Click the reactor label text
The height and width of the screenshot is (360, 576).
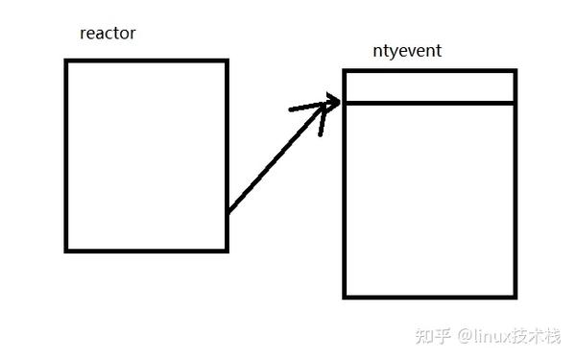(108, 34)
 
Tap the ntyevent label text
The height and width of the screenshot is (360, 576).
(406, 51)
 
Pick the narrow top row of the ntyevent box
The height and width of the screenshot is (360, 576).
(429, 86)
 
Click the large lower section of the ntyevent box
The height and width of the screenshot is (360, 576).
(429, 199)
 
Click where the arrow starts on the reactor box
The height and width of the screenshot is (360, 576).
(228, 210)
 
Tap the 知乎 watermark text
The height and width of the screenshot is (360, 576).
(429, 335)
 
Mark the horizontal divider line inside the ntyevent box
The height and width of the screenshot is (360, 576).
(429, 103)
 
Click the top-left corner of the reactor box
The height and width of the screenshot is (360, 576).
(66, 60)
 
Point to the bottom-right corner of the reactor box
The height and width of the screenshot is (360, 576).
(227, 251)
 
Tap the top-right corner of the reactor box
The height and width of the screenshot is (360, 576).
(227, 60)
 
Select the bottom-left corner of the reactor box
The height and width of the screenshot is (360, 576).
(66, 251)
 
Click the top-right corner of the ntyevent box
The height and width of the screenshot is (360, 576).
(516, 71)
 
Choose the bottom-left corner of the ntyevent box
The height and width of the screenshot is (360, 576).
(344, 296)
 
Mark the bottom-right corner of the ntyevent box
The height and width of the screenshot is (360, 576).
(516, 296)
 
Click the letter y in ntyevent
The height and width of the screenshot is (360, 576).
(392, 52)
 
